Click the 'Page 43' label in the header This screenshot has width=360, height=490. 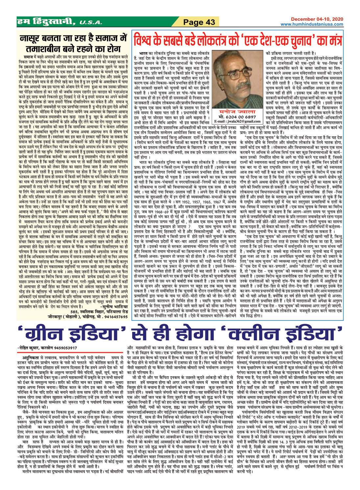(199, 22)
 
